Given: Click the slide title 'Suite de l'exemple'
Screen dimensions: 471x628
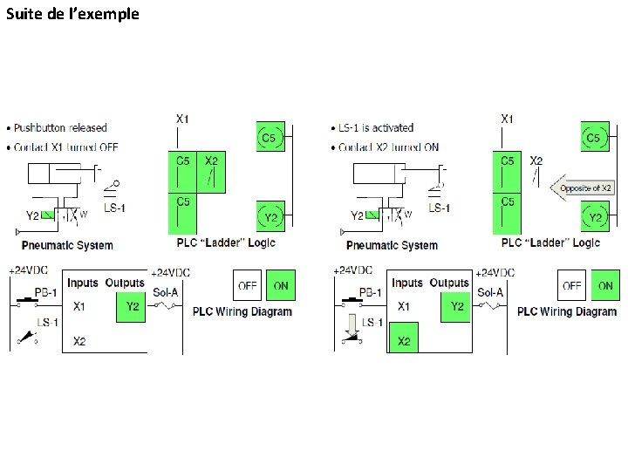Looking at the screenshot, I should (72, 14).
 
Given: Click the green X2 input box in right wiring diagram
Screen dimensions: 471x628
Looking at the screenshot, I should (404, 341).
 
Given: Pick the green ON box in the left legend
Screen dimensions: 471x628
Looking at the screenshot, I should (281, 285).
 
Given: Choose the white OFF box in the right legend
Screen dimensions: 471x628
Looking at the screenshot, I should (572, 285).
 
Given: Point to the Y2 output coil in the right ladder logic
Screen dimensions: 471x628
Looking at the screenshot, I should (596, 216).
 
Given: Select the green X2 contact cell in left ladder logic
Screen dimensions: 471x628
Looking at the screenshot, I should (210, 171).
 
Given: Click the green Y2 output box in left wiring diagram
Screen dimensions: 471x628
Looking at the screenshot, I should (132, 306).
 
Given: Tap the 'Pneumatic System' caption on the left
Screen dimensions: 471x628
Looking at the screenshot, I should (67, 245).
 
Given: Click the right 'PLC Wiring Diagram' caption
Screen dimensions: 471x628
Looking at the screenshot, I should (566, 311).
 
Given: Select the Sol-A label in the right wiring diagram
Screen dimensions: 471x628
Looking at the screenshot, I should (489, 292).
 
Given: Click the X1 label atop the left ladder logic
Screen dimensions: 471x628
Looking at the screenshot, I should (182, 118).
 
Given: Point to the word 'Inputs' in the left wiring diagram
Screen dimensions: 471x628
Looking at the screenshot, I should (83, 283).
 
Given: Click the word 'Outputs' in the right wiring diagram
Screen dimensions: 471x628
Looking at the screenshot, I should (449, 283).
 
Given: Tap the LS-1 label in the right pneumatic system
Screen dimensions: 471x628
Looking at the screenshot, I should (440, 208).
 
